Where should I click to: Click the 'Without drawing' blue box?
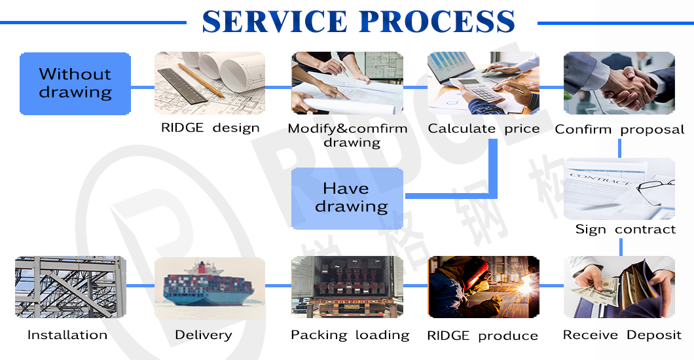pyautogui.click(x=75, y=84)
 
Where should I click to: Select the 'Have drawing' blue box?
pyautogui.click(x=347, y=198)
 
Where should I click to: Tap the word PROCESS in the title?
pyautogui.click(x=437, y=22)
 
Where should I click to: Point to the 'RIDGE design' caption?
pyautogui.click(x=210, y=128)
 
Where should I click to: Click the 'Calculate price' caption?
pyautogui.click(x=484, y=128)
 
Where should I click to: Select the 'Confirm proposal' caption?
pyautogui.click(x=619, y=129)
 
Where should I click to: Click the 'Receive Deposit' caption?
pyautogui.click(x=622, y=334)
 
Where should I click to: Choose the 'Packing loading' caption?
pyautogui.click(x=350, y=334)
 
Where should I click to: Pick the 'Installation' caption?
pyautogui.click(x=67, y=334)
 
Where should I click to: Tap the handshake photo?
pyautogui.click(x=619, y=83)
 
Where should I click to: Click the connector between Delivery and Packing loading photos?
pyautogui.click(x=278, y=286)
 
